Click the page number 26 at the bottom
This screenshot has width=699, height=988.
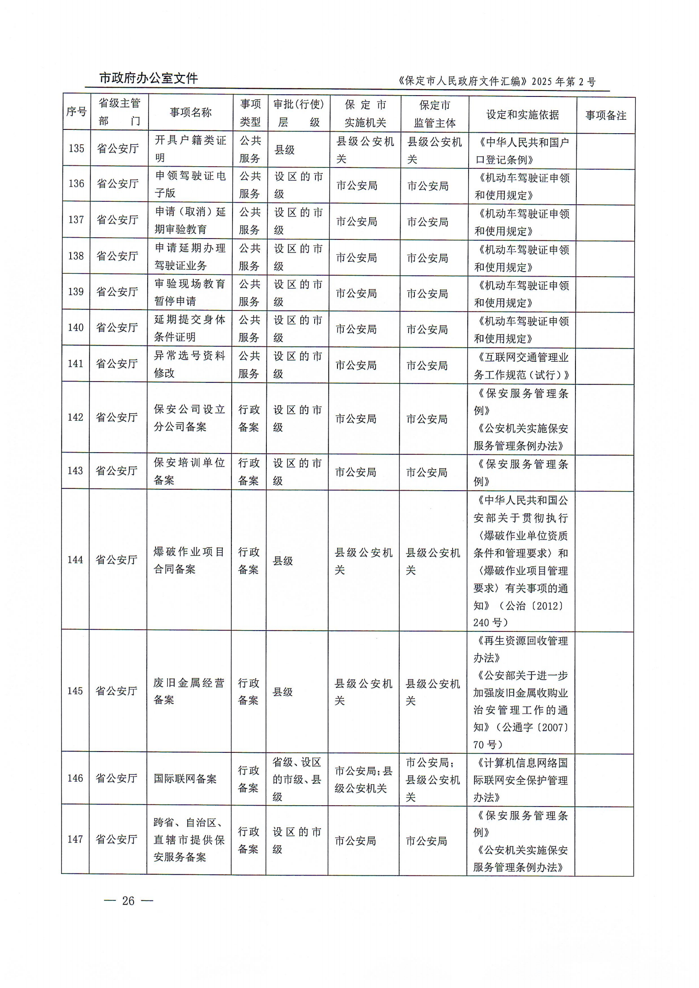(128, 900)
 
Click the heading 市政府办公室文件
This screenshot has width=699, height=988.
(148, 78)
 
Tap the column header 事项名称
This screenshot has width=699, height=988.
(191, 113)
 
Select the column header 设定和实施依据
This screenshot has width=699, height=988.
(523, 115)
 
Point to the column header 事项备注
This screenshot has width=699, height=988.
(606, 115)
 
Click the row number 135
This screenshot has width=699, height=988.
(77, 148)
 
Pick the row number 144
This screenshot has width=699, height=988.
(75, 560)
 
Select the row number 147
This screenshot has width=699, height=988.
(75, 839)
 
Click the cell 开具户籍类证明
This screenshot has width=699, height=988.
(190, 149)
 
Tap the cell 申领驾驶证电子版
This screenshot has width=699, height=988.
(190, 184)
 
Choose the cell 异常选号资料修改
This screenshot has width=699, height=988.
(189, 364)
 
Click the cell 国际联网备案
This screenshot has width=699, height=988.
(185, 778)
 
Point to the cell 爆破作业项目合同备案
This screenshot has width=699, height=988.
(189, 560)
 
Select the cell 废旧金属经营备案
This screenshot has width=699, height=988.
(189, 691)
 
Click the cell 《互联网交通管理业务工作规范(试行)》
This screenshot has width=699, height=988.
(521, 366)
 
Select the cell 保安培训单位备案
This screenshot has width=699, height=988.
(189, 472)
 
